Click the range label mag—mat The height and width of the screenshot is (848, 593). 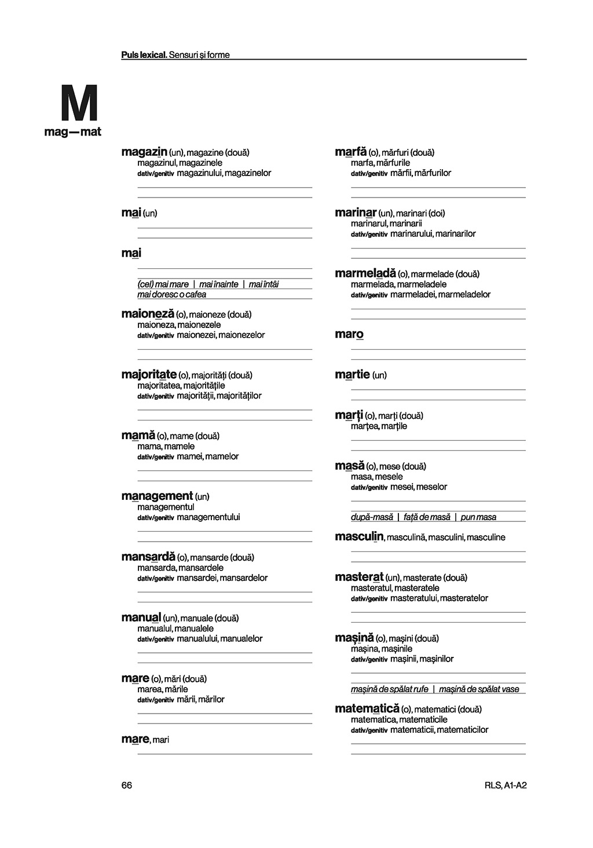click(x=72, y=132)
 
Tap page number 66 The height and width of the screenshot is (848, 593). click(x=127, y=785)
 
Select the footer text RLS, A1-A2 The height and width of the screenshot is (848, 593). click(x=506, y=785)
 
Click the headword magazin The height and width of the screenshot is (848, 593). click(x=144, y=152)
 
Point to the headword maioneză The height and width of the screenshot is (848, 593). click(x=148, y=314)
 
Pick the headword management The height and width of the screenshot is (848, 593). click(x=157, y=496)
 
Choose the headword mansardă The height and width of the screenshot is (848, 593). click(x=148, y=557)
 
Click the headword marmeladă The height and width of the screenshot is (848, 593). click(x=365, y=273)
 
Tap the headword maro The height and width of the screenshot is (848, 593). click(x=349, y=334)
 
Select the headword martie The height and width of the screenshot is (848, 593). click(x=352, y=375)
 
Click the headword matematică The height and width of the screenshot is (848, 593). click(x=367, y=708)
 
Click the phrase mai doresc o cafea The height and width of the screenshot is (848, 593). click(x=171, y=294)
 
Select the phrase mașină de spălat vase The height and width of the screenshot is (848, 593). click(x=479, y=689)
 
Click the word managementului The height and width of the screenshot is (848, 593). click(x=208, y=517)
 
